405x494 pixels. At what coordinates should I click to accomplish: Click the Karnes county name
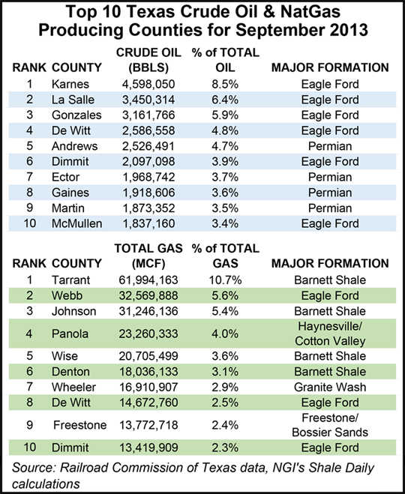coord(72,85)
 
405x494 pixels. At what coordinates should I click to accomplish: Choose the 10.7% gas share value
coord(223,280)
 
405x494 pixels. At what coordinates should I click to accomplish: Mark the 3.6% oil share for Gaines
coord(223,193)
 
